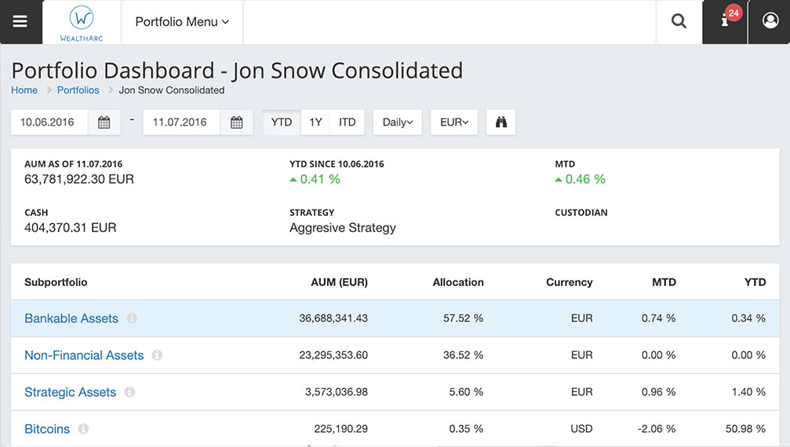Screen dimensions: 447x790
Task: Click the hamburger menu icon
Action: point(20,22)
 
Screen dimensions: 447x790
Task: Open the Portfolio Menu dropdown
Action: point(182,22)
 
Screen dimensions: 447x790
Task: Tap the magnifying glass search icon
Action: point(679,22)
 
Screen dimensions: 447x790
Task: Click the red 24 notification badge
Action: point(734,13)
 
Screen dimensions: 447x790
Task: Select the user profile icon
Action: point(770,22)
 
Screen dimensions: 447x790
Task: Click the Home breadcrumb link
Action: point(24,90)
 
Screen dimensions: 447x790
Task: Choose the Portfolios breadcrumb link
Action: point(78,90)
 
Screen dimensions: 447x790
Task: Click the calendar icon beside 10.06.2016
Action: point(104,123)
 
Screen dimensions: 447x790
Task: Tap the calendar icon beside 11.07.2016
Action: point(237,123)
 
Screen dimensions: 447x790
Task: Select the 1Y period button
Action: point(315,123)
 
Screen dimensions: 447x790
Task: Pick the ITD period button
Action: point(348,123)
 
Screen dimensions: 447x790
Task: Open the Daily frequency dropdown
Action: point(398,123)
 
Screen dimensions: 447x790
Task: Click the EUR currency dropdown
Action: point(454,123)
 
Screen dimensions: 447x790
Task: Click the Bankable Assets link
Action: point(71,318)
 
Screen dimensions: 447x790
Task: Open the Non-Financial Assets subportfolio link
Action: point(84,355)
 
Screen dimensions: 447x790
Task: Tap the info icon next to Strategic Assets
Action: point(129,392)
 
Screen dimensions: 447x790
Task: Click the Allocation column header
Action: point(458,282)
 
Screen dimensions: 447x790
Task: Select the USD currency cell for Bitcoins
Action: point(581,429)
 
